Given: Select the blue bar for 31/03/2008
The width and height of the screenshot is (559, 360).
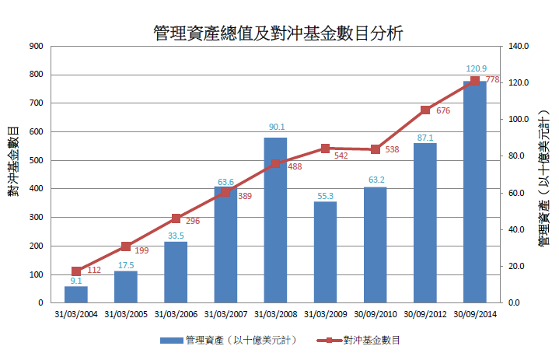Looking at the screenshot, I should (x=275, y=220).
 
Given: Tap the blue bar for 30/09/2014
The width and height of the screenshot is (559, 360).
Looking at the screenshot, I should (x=474, y=191).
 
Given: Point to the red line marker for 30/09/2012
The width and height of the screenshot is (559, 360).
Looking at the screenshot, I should (x=425, y=110).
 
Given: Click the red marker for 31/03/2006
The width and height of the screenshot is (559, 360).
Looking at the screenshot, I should (x=176, y=218).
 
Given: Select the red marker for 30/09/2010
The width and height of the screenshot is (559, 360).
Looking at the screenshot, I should (x=376, y=149).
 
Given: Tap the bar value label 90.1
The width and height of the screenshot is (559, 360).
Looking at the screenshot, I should (x=276, y=128).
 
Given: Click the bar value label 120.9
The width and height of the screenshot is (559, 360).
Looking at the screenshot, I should (x=476, y=68).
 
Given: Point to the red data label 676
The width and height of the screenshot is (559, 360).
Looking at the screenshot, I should (x=443, y=111).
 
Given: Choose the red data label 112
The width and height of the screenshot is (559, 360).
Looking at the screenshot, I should (x=94, y=271).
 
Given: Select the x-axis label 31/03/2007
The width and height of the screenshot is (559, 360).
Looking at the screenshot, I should (x=225, y=314).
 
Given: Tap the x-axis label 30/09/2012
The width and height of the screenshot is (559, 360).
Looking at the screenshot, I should (x=425, y=314).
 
